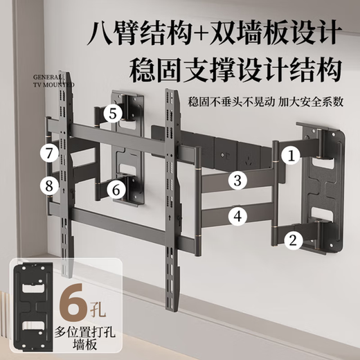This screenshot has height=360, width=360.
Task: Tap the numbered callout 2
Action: pyautogui.click(x=292, y=240)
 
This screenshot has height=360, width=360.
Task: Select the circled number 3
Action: pyautogui.click(x=237, y=181)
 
